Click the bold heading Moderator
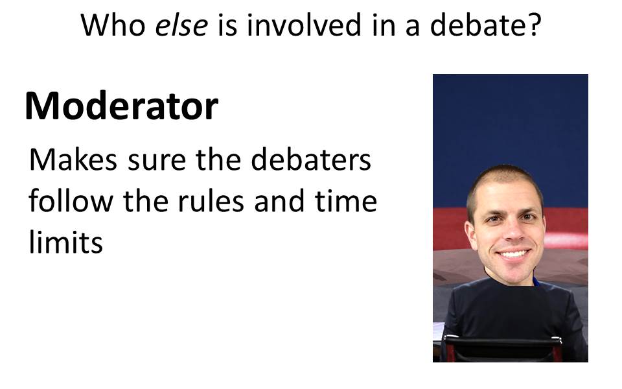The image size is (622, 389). click(x=121, y=106)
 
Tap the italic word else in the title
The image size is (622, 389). click(x=181, y=25)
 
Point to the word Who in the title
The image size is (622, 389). click(x=113, y=25)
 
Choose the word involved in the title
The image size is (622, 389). click(x=304, y=25)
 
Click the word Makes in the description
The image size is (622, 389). click(x=73, y=159)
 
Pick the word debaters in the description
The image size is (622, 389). click(x=311, y=159)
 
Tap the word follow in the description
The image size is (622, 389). click(x=71, y=201)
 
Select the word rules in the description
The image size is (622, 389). click(x=211, y=201)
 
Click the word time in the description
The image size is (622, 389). click(x=346, y=201)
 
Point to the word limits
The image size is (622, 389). click(x=66, y=242)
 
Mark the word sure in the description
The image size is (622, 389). click(x=157, y=162)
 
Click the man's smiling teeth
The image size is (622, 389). click(x=514, y=253)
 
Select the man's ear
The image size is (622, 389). click(x=470, y=235)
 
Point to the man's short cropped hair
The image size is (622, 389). click(x=505, y=179)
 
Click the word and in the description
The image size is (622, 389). click(x=279, y=201)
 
